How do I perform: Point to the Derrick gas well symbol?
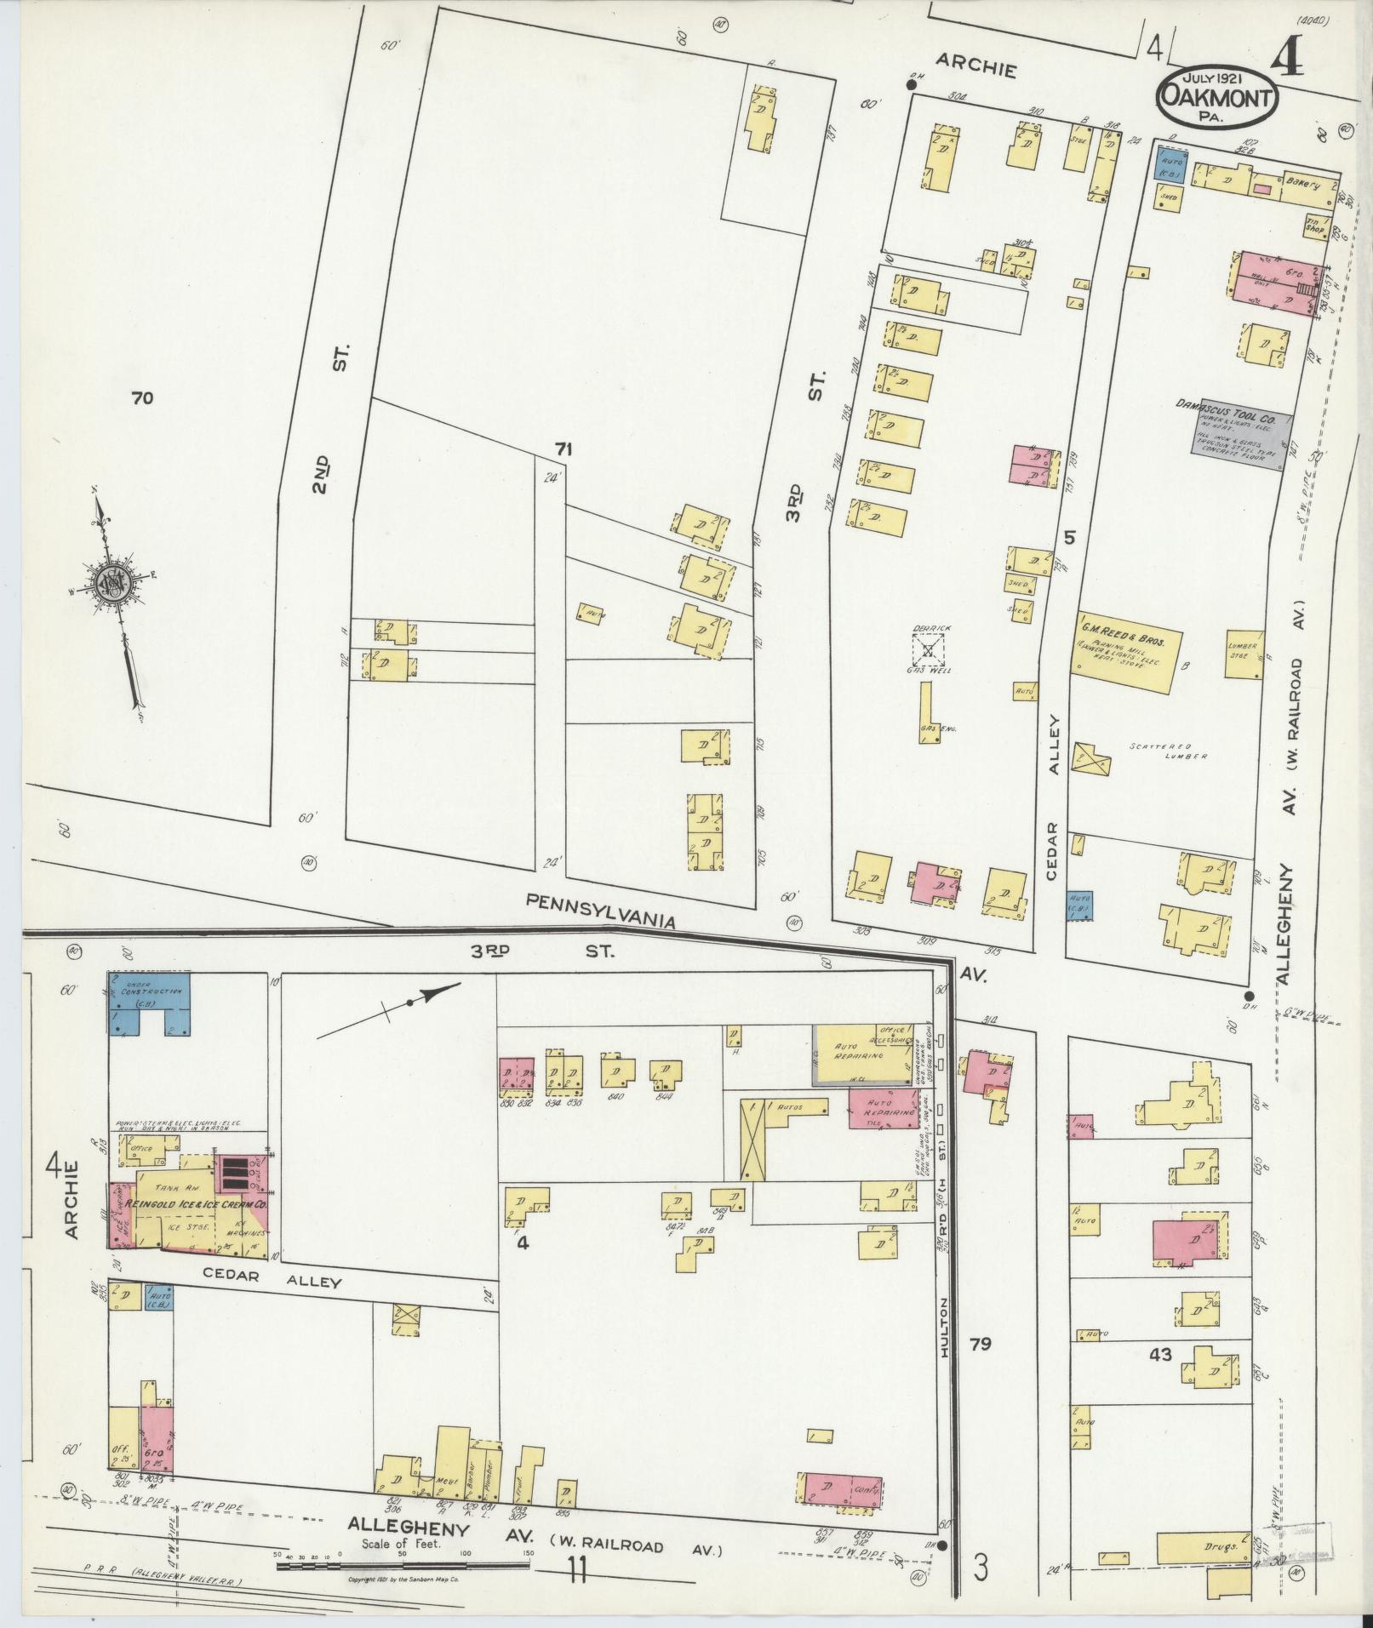929,650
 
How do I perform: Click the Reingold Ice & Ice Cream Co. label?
197,1206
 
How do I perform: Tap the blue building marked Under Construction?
148,1002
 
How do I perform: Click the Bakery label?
1301,182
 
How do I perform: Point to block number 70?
142,397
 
